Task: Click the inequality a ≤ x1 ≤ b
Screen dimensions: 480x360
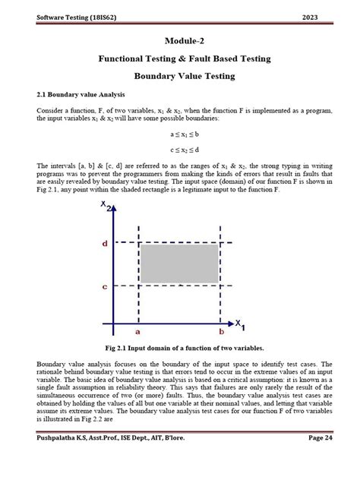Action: pos(185,134)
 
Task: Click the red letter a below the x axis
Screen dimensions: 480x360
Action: pos(138,332)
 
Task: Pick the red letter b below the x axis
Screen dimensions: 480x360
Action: pos(221,332)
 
